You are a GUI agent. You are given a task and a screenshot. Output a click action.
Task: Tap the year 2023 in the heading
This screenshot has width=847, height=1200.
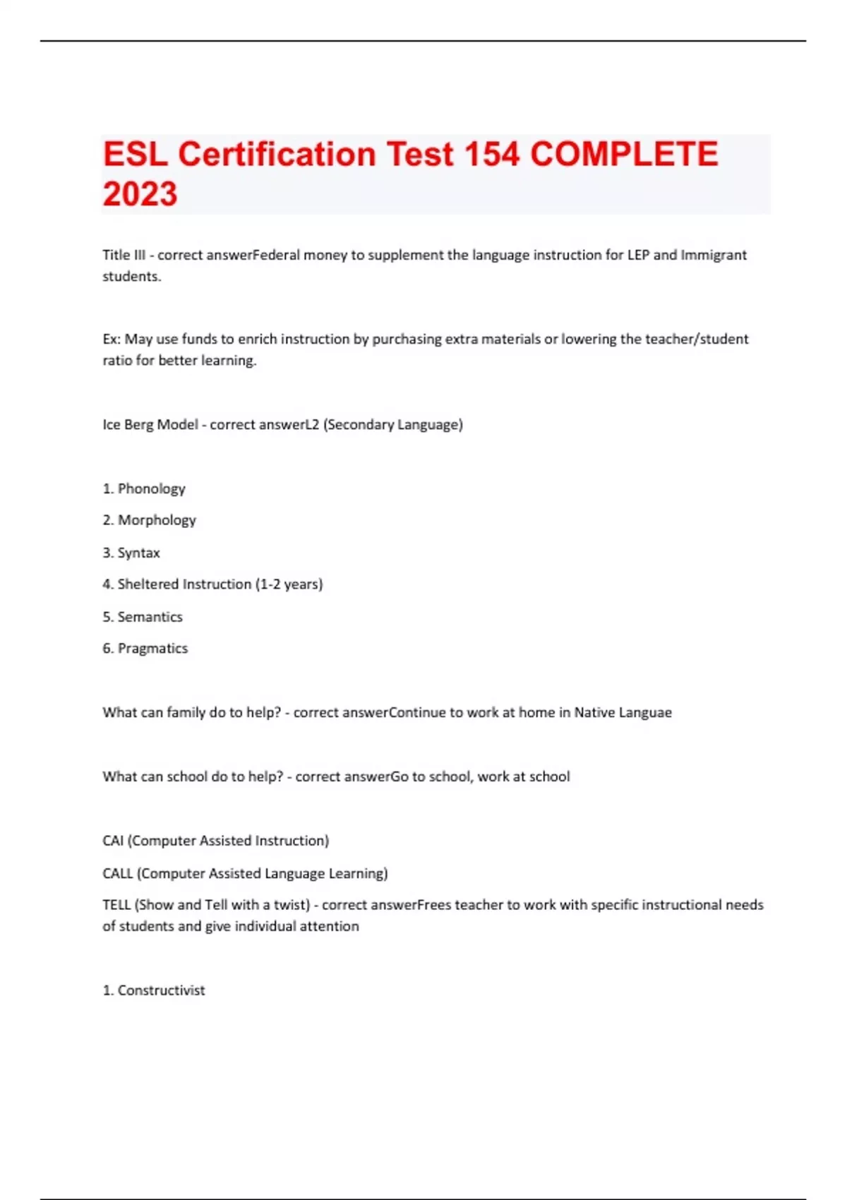(140, 194)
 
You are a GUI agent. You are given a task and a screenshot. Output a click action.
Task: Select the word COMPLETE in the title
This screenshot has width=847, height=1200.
(624, 155)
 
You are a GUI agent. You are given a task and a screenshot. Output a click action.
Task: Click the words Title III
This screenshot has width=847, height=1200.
(124, 255)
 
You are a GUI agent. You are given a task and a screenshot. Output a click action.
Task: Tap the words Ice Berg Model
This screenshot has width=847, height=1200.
(150, 424)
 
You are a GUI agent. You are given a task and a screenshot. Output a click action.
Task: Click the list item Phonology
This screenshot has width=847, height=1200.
(151, 488)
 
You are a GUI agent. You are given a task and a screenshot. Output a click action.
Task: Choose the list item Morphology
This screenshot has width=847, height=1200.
(157, 520)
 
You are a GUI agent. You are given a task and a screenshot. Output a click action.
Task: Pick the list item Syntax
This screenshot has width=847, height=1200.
(138, 553)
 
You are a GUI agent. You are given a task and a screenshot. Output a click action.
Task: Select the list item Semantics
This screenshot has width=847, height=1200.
(150, 617)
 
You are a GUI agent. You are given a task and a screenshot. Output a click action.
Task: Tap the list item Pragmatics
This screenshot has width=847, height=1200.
(152, 649)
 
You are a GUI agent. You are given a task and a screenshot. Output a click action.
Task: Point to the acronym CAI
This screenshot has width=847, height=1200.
(113, 841)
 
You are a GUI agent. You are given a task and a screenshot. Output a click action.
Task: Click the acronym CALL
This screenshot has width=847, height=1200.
(117, 873)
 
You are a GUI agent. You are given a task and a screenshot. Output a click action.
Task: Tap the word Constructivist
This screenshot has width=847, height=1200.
(161, 990)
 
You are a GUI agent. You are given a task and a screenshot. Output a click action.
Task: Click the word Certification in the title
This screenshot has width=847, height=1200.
(277, 155)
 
